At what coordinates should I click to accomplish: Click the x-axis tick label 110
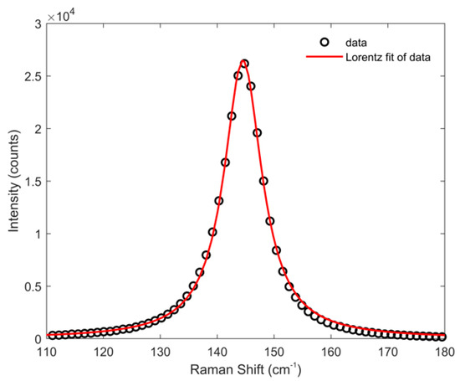pos(47,352)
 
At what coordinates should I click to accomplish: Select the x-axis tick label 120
pos(104,352)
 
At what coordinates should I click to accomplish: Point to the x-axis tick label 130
pos(161,352)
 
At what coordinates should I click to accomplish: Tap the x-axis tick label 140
pos(217,352)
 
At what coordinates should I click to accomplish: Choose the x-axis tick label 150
pos(274,352)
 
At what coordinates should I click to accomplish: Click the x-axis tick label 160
pos(331,352)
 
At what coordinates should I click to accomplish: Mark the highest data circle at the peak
pos(244,64)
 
